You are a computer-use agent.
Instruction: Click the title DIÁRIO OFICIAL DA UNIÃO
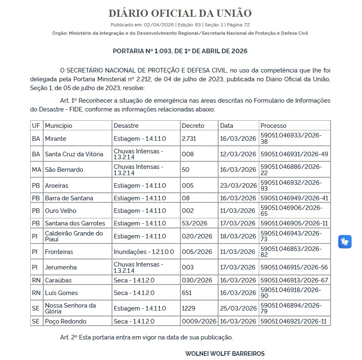coord(180,13)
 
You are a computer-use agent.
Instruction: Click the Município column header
coord(59,126)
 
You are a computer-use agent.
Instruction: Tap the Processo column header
coord(273,126)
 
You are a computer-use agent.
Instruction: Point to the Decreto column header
coord(193,126)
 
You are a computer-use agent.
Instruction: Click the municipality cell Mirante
coord(56,139)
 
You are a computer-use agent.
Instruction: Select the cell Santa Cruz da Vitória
coord(74,154)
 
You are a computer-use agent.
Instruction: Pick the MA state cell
coord(36,170)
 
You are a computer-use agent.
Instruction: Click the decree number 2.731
coord(189,139)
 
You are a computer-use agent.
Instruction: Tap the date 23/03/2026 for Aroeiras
coord(238,186)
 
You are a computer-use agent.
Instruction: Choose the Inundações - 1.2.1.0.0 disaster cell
coord(144,252)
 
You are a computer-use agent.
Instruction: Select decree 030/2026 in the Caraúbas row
coord(197,280)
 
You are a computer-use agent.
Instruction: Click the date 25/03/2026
coord(238,308)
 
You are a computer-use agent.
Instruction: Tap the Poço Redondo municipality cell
coord(66,321)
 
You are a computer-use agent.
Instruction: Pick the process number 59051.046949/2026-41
coord(294,198)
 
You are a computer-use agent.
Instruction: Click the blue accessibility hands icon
coord(345,242)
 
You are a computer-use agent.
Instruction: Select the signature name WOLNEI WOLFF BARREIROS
coord(225,354)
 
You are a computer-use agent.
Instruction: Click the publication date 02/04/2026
coord(159,25)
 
